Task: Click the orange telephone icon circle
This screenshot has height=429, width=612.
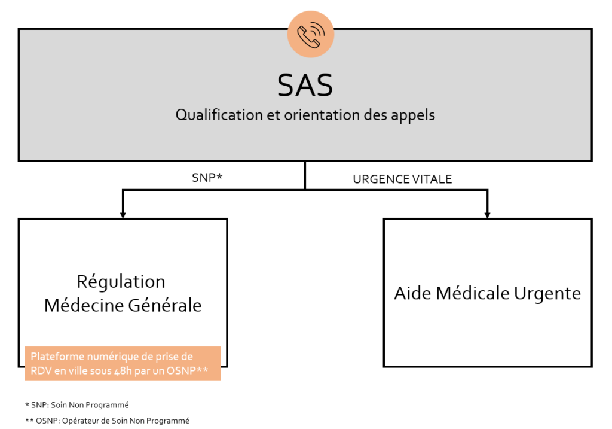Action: click(311, 34)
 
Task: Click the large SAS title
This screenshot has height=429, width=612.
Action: click(305, 85)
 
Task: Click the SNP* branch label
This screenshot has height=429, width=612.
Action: click(207, 178)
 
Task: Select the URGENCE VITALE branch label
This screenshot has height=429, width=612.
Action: click(402, 179)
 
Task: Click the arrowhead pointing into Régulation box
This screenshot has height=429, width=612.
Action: click(123, 215)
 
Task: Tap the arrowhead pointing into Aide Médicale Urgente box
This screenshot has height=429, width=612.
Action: click(487, 215)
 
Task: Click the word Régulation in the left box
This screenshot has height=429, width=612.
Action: click(121, 282)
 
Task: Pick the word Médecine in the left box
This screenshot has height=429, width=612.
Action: click(84, 305)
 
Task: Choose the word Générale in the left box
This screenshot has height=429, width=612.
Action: click(165, 305)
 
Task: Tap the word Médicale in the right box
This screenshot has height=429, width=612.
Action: click(473, 293)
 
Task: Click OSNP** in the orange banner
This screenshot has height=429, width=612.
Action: click(187, 370)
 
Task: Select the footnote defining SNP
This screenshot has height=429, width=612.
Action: click(77, 405)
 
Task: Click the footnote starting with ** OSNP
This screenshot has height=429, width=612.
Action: click(108, 421)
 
